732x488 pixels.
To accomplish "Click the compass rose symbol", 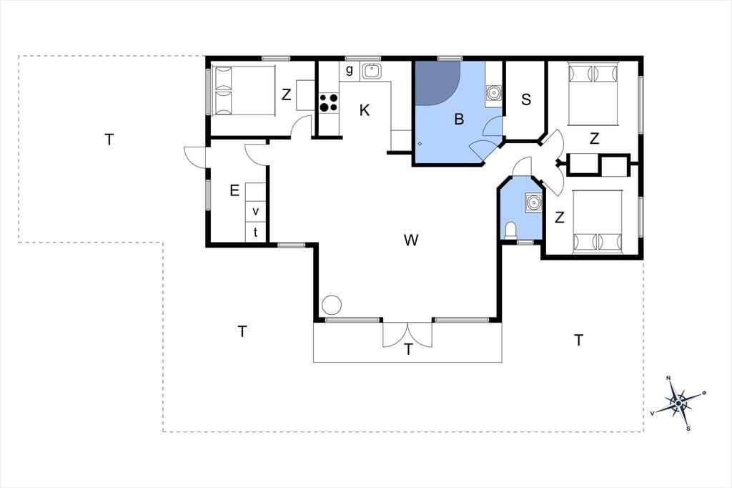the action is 678,402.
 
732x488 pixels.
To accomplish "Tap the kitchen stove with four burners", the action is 329,103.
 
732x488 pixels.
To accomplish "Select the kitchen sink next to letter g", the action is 372,71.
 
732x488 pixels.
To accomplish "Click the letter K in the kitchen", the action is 365,111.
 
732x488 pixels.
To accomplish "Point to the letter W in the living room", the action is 411,240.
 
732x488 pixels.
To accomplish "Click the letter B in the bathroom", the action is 459,119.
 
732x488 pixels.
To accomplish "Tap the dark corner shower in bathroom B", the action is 437,82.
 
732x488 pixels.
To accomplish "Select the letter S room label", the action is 526,99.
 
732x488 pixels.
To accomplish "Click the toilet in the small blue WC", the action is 512,230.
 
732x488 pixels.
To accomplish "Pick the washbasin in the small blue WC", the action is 533,202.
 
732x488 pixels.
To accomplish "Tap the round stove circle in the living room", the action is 332,305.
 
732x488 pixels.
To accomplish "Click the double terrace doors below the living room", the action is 407,334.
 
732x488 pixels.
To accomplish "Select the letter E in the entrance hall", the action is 234,190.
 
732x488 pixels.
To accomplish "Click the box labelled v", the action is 255,211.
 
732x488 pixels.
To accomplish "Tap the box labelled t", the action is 255,232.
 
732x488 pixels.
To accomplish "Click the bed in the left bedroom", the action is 243,90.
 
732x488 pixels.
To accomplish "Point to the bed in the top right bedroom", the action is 593,94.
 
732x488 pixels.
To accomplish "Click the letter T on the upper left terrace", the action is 109,140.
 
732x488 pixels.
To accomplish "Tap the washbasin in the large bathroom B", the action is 493,92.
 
